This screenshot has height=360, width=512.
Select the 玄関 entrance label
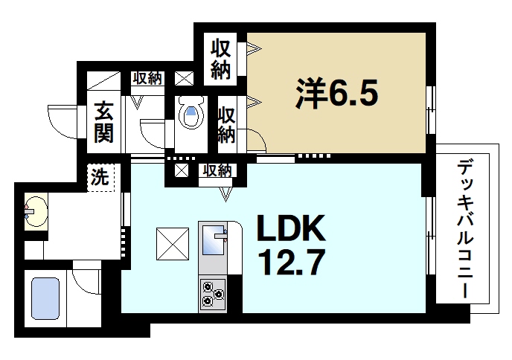pyautogui.click(x=102, y=123)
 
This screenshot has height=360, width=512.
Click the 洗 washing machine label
pyautogui.click(x=98, y=178)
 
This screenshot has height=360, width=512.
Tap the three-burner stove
pyautogui.click(x=211, y=295)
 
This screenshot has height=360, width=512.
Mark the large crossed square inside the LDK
pyautogui.click(x=171, y=243)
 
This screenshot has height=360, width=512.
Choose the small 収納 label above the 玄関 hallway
pyautogui.click(x=147, y=77)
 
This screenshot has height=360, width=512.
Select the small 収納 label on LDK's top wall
pyautogui.click(x=217, y=171)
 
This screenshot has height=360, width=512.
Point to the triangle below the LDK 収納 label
pyautogui.click(x=225, y=195)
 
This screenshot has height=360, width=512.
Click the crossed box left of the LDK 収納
pyautogui.click(x=182, y=170)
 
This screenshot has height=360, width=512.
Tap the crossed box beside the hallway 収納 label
pyautogui.click(x=183, y=77)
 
